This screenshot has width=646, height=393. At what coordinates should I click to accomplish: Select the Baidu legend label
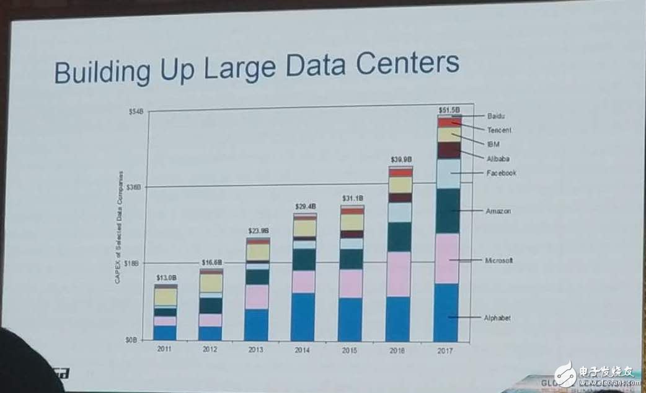496,116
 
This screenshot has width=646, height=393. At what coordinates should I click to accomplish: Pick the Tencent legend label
499,130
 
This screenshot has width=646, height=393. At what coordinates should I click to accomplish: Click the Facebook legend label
501,173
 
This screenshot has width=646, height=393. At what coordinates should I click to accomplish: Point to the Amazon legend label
498,211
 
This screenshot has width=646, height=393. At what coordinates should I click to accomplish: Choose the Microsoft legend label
498,260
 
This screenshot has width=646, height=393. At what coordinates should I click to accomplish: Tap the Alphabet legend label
497,318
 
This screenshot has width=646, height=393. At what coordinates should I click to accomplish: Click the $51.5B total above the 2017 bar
449,110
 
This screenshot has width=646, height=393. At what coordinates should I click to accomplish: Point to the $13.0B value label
166,278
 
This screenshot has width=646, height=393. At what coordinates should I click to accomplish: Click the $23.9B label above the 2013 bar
258,230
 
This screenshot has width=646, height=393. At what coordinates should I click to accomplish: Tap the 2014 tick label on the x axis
303,350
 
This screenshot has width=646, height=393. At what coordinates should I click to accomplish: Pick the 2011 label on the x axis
164,350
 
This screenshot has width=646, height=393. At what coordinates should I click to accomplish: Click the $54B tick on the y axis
136,111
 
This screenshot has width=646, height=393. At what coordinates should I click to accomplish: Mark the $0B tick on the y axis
137,340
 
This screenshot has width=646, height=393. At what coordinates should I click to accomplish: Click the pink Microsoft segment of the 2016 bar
399,274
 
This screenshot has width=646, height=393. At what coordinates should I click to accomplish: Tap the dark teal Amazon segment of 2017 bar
447,211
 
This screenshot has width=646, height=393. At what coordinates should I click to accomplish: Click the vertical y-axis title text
118,227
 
